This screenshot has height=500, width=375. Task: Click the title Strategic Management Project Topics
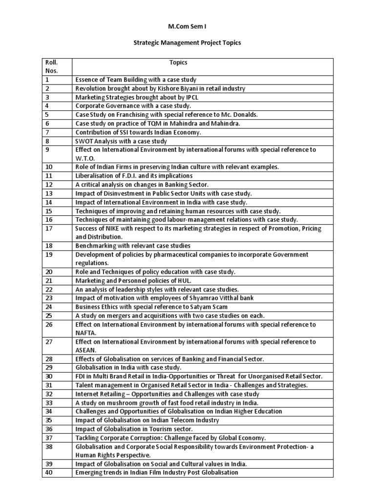point(187,43)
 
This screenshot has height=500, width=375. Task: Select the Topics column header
point(178,62)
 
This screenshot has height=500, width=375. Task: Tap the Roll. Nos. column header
point(51,66)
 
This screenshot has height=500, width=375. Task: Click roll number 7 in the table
point(47,132)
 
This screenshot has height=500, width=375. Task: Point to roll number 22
point(49,289)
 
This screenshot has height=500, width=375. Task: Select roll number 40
point(49,472)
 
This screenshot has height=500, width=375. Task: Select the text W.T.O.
point(84,158)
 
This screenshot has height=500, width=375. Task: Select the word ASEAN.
point(85,350)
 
